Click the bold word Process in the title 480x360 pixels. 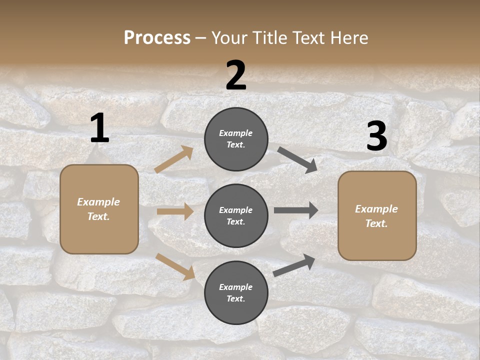[157, 37]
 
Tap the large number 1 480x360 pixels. [99, 128]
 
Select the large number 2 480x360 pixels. [236, 75]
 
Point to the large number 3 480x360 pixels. [376, 136]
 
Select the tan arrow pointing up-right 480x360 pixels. [174, 159]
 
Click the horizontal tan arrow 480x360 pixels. [175, 211]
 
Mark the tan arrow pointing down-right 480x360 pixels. [175, 266]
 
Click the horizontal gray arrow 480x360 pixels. [296, 210]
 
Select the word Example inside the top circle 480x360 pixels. [235, 133]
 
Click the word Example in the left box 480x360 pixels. [98, 202]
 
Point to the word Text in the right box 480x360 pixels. [376, 223]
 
